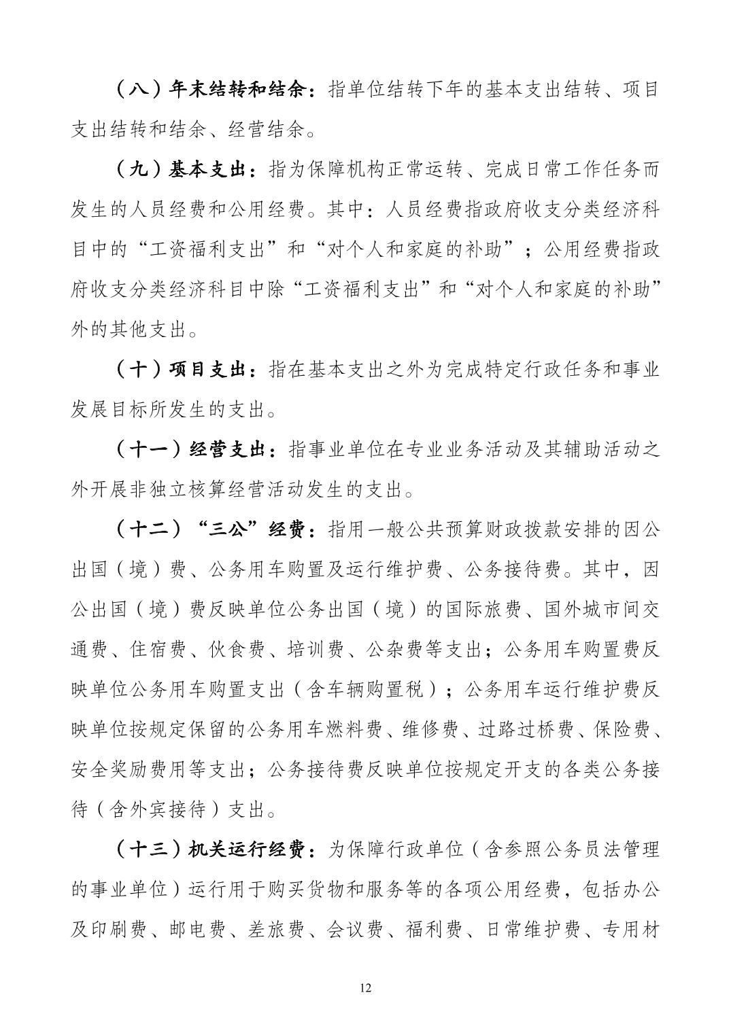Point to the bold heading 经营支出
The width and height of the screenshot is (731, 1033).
pyautogui.click(x=228, y=450)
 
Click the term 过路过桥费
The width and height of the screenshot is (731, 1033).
pyautogui.click(x=523, y=729)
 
